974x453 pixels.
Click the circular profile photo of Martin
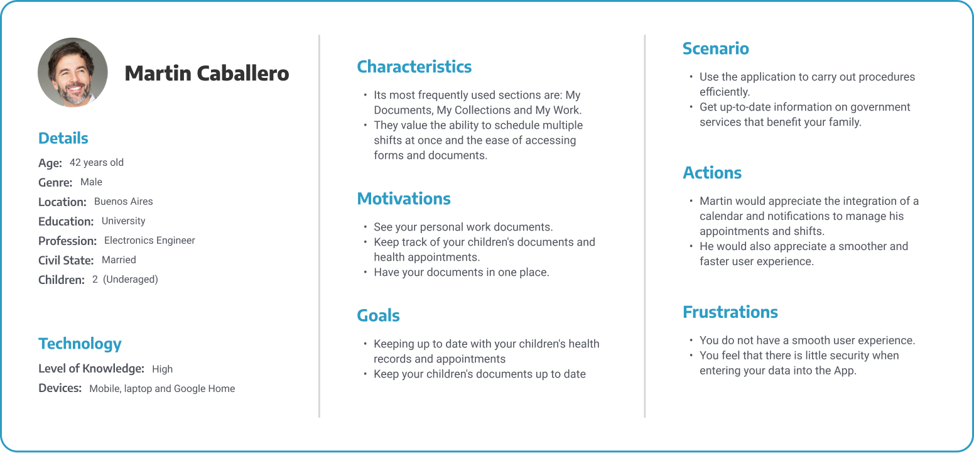[73, 72]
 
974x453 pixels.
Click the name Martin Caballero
[207, 74]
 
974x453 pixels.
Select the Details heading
[63, 138]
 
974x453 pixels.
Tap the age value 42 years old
[97, 163]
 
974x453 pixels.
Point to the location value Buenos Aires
[123, 202]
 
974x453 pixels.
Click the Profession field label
[67, 241]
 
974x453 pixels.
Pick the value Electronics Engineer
[149, 241]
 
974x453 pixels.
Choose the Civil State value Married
[119, 260]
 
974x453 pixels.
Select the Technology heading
[80, 344]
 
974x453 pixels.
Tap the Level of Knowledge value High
[162, 369]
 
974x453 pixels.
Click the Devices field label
[60, 388]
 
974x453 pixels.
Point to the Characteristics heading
[414, 67]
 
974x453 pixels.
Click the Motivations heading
[404, 199]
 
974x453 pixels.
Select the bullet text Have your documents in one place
[461, 272]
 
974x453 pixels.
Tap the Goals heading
[378, 315]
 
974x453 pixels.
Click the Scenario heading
[715, 48]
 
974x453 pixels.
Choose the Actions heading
[712, 173]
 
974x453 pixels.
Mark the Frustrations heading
[730, 312]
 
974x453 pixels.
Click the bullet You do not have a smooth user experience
[807, 341]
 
